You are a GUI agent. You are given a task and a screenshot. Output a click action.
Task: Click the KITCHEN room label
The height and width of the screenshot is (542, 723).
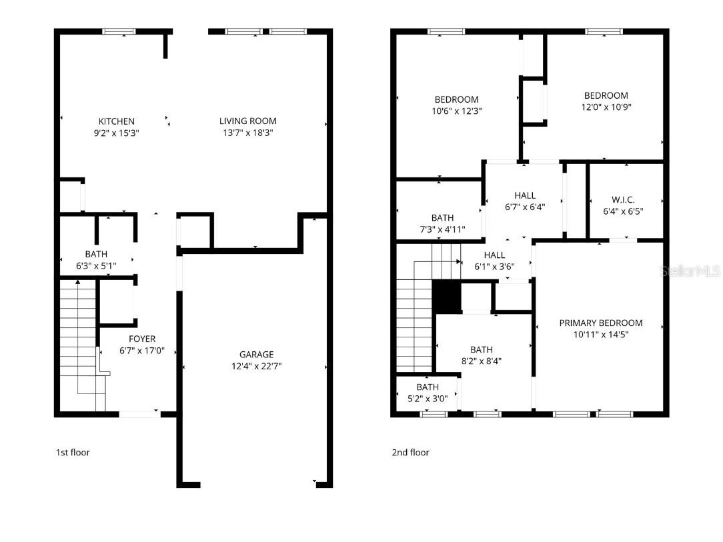click(117, 121)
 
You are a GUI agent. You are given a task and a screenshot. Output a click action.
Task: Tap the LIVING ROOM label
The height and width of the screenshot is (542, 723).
click(247, 121)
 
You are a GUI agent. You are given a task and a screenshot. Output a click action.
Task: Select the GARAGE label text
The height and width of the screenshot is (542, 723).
click(257, 355)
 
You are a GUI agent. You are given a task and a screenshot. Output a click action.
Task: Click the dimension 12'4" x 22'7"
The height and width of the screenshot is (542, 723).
click(257, 366)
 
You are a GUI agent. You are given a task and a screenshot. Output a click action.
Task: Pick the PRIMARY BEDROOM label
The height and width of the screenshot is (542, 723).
click(600, 323)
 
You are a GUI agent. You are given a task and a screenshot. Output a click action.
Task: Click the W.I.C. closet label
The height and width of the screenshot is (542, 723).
click(623, 200)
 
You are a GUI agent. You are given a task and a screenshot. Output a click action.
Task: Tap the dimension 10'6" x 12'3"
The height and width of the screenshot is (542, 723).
click(456, 111)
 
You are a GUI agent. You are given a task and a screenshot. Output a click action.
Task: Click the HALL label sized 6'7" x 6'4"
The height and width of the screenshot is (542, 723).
click(525, 195)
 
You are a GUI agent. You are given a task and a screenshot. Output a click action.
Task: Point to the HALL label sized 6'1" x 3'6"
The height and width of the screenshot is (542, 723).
click(494, 255)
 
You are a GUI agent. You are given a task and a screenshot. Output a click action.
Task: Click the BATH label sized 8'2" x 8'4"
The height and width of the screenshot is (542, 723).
click(481, 350)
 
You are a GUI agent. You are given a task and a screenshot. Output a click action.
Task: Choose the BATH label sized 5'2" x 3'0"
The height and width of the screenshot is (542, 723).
click(428, 387)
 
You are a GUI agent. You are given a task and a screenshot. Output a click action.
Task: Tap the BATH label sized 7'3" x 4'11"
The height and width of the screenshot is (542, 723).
click(442, 218)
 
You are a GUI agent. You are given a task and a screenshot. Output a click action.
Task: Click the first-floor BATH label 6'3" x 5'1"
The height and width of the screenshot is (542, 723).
click(95, 254)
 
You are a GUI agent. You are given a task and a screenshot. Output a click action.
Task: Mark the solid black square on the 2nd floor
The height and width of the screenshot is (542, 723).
click(446, 297)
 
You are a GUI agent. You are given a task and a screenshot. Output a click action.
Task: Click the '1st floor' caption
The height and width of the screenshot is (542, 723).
click(72, 453)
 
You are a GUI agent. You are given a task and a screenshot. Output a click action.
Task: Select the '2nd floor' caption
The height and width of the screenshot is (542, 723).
click(410, 453)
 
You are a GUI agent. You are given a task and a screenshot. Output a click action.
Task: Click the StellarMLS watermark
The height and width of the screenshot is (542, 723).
click(690, 271)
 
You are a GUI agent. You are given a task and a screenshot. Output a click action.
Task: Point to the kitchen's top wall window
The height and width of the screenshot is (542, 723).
click(119, 31)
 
